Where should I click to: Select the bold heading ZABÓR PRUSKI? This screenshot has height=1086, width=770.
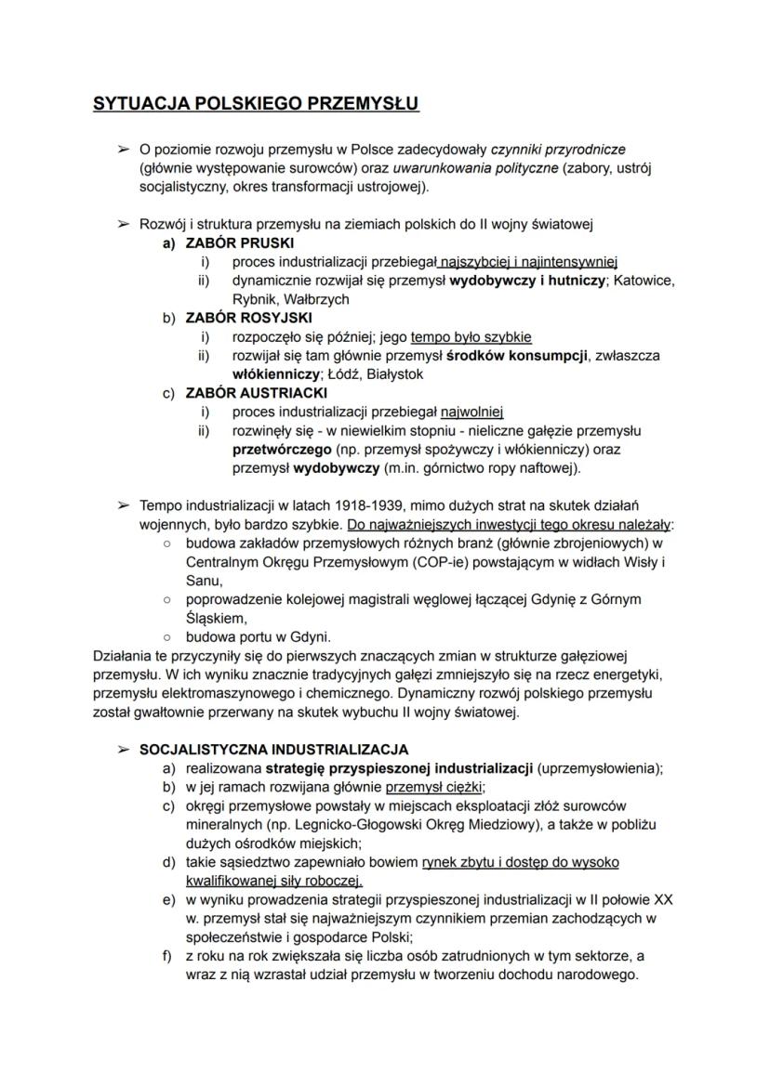pos(227,243)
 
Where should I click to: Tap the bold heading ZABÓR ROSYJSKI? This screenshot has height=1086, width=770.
pos(235,318)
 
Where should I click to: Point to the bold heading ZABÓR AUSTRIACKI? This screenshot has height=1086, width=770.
pos(244,392)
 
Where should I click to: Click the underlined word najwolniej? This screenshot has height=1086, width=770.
pos(467,412)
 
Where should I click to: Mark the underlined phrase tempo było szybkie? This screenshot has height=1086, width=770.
pos(471,337)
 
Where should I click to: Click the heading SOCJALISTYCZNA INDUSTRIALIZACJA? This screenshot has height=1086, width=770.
pos(273,750)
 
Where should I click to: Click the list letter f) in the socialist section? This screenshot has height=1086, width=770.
pos(168,956)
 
